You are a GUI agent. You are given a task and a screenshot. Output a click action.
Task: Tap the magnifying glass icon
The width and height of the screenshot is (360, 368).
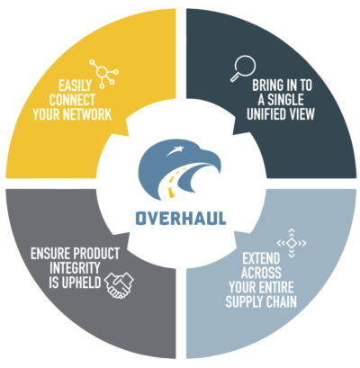click(244, 68)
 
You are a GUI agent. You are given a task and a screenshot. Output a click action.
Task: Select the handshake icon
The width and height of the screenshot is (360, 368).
click(119, 285)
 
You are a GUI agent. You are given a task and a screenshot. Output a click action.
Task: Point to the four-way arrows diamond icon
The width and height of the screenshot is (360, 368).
click(292, 243)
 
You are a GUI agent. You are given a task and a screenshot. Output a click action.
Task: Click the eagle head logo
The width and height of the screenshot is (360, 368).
click(179, 169)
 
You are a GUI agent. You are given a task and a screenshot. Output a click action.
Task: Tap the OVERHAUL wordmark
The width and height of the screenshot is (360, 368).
click(181, 219)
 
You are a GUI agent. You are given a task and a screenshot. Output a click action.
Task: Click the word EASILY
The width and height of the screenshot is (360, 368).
click(75, 85)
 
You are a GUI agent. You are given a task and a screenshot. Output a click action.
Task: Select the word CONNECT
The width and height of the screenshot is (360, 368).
click(72, 100)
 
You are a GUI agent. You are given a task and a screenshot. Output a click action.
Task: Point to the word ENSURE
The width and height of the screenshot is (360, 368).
click(50, 254)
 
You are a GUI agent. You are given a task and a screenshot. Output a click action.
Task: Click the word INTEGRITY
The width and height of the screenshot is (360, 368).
click(75, 268)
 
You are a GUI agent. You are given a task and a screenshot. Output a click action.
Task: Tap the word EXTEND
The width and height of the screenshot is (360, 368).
click(261, 258)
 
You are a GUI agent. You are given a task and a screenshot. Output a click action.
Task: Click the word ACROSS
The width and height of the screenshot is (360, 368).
click(261, 273)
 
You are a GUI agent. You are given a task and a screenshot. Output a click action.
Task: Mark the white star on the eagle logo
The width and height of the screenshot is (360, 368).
click(179, 148)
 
